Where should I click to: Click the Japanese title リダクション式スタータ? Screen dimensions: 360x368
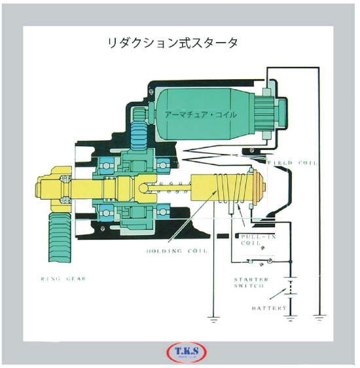tap(173, 43)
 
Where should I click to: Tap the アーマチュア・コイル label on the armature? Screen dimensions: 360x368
tap(200, 115)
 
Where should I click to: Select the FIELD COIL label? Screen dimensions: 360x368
tap(293, 162)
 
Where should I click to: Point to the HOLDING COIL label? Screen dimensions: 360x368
tap(177, 251)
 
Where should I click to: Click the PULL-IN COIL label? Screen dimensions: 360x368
tap(258, 240)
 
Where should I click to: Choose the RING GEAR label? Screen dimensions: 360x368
tap(63, 279)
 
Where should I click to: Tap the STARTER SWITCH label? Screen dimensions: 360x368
tap(251, 283)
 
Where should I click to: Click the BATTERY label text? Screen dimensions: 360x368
tap(269, 308)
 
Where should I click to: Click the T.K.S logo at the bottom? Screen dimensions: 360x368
tap(187, 352)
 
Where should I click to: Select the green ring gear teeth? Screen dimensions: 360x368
tap(60, 238)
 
